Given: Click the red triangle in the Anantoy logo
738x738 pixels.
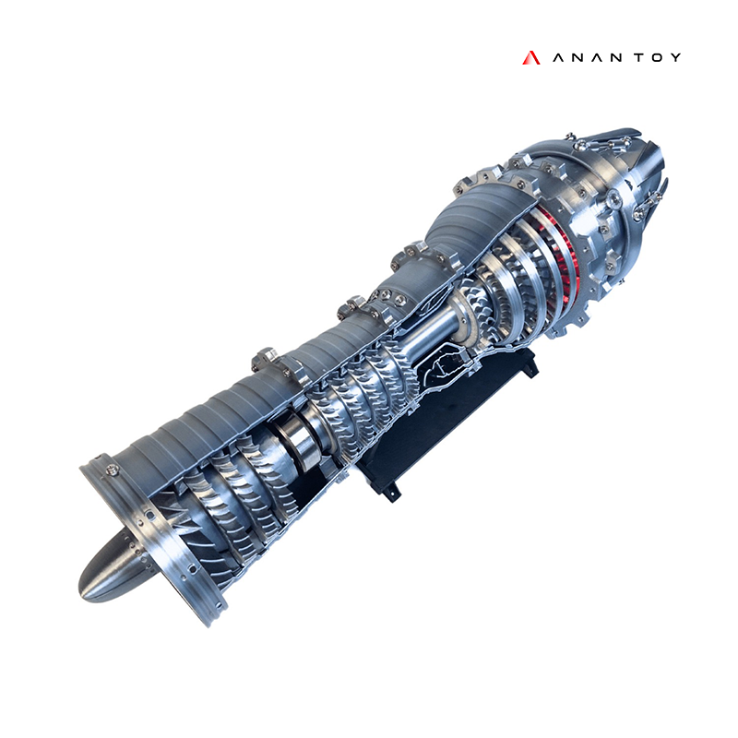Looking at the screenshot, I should click(x=530, y=57).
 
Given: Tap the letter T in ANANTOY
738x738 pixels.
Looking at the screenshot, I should click(x=631, y=57).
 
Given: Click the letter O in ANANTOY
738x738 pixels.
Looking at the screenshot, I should click(x=652, y=57).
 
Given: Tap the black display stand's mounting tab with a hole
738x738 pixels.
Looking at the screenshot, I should click(x=392, y=491).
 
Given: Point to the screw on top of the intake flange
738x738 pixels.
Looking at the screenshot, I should click(x=113, y=471).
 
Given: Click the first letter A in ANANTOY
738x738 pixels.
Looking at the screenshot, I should click(x=558, y=57).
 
